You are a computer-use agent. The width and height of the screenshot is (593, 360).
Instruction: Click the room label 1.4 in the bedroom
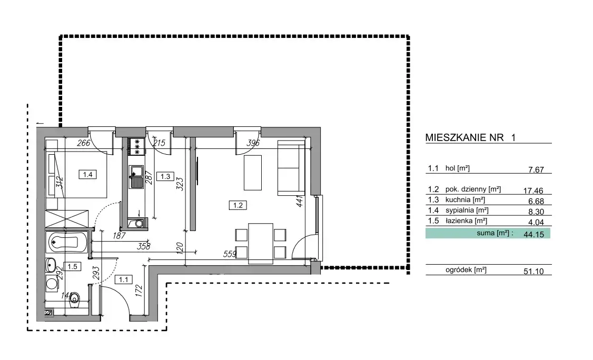pos(87,174)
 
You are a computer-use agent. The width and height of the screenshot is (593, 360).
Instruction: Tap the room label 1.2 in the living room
pos(238,205)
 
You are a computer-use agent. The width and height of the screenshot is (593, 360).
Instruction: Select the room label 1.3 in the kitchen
pos(165,176)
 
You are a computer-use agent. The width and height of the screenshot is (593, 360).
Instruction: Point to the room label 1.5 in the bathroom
pos(72,267)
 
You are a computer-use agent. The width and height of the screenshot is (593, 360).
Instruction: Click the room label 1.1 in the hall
pos(123,280)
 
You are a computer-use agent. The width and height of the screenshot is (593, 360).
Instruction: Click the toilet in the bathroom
pos(75,300)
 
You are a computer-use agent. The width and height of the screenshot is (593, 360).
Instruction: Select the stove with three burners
pos(136,146)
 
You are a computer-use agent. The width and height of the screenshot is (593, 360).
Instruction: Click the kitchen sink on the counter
pos(136,177)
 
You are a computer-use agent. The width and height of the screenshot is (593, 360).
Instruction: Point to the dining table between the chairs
pos(261,244)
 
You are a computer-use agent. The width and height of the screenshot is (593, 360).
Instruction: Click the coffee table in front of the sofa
pos(253,173)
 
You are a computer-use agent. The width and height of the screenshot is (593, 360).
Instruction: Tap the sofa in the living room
pos(291,168)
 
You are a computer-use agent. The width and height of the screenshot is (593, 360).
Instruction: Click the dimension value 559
pos(230,254)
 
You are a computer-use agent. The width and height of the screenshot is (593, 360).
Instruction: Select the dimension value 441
pos(299,201)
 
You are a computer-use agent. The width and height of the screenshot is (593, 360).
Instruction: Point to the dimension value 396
pos(253,143)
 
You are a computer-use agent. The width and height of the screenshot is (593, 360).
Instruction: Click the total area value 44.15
pos(533,234)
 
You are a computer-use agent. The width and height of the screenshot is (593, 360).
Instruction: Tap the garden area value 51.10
pos(533,271)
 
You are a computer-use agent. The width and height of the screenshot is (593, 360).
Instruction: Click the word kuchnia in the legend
pos(458,199)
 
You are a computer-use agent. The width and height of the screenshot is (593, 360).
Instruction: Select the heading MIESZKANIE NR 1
pos(470,137)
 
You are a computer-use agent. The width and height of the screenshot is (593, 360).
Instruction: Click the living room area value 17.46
pos(533,191)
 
